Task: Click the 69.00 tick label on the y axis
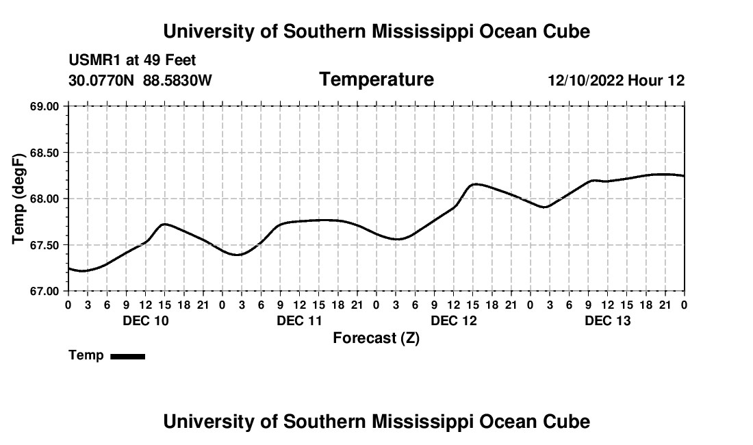click(x=44, y=106)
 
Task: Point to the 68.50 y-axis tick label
click(x=44, y=153)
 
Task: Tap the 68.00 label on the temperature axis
click(x=44, y=199)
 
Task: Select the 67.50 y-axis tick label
click(x=44, y=245)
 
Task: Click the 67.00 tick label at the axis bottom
click(x=44, y=292)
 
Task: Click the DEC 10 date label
click(x=146, y=320)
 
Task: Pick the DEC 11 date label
click(x=300, y=320)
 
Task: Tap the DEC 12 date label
click(x=454, y=320)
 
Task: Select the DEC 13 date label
click(x=607, y=320)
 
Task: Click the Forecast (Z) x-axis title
click(x=376, y=338)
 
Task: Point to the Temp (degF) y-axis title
click(x=18, y=199)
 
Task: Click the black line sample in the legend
click(x=128, y=356)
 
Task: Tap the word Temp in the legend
click(x=86, y=355)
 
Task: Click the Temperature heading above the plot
click(x=376, y=79)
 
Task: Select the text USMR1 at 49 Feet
click(x=132, y=60)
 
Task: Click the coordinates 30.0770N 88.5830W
click(x=140, y=80)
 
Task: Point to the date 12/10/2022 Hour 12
click(x=616, y=80)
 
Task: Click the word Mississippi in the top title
click(x=423, y=31)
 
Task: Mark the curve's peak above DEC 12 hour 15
click(x=474, y=184)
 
